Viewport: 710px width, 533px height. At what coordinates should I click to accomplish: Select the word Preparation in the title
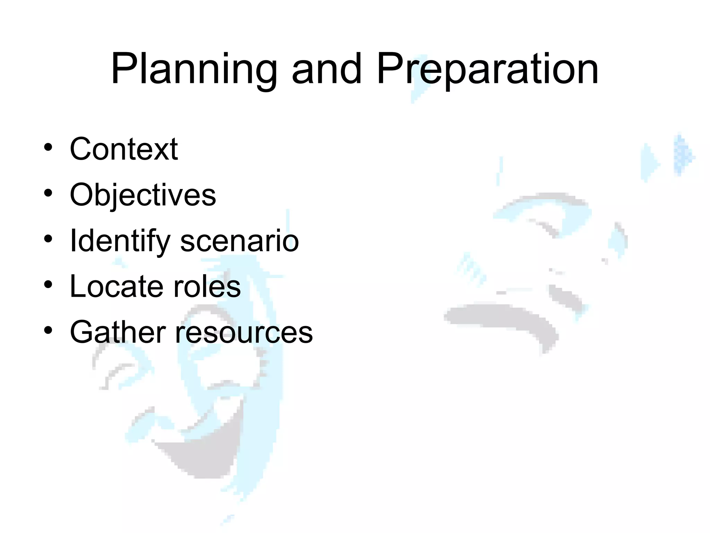(x=487, y=69)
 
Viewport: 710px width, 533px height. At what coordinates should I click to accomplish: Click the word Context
(x=124, y=149)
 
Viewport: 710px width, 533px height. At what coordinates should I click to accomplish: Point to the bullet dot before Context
(x=48, y=147)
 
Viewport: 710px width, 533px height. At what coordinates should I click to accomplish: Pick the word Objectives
(x=143, y=195)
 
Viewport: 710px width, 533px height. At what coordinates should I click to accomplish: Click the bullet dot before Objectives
(x=48, y=193)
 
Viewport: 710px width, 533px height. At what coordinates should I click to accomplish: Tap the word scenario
(x=240, y=241)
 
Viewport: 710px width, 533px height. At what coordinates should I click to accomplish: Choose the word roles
(x=207, y=287)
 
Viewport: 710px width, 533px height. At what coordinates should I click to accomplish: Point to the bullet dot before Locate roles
(x=48, y=285)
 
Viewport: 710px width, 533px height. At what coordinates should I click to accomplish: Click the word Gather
(x=118, y=332)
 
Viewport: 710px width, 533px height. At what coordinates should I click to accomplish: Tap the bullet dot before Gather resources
(x=48, y=330)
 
